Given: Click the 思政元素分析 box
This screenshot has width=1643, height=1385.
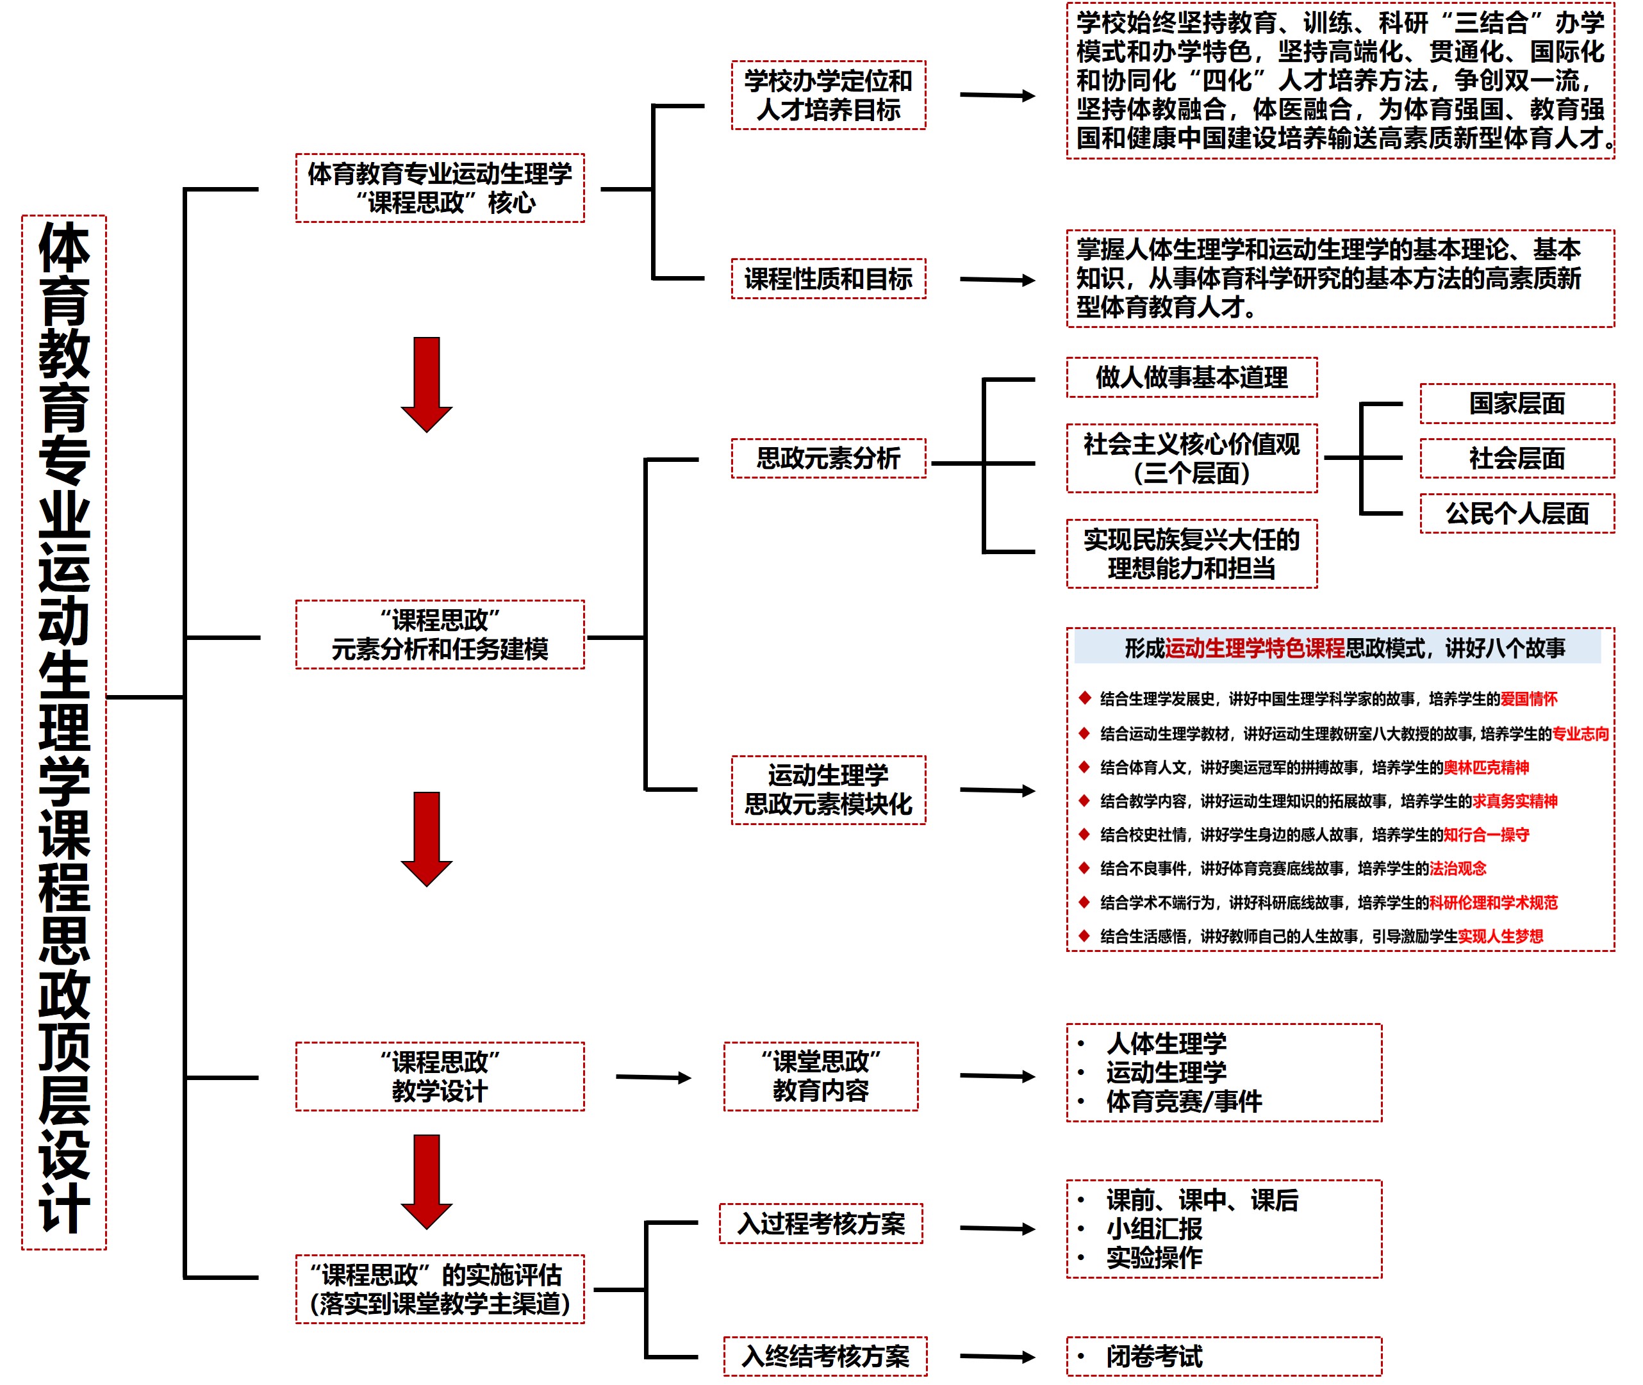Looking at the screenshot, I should [828, 459].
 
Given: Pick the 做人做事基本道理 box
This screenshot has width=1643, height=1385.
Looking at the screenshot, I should [1191, 378].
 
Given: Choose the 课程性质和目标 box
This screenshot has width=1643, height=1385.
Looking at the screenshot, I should [828, 279].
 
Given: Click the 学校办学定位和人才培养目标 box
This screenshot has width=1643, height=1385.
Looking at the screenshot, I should [828, 95].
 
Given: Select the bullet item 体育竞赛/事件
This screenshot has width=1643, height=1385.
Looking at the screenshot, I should [1183, 1101].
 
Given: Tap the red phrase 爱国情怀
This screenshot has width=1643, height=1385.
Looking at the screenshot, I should [1528, 699].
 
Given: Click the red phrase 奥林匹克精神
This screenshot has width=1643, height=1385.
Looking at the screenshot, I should [1486, 767].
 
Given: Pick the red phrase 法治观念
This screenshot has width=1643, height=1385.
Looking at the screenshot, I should [1458, 869].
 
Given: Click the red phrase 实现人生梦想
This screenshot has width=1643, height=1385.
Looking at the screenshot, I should [1500, 936].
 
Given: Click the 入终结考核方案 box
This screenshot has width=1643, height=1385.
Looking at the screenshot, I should [825, 1356].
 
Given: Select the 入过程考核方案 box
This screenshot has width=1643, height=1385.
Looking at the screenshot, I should [821, 1224].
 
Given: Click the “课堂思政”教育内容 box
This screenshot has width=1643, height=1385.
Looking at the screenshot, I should [821, 1076].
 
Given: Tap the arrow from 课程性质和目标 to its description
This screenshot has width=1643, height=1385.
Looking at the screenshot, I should [998, 279].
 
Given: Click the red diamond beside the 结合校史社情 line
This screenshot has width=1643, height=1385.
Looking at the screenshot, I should [1085, 834].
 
